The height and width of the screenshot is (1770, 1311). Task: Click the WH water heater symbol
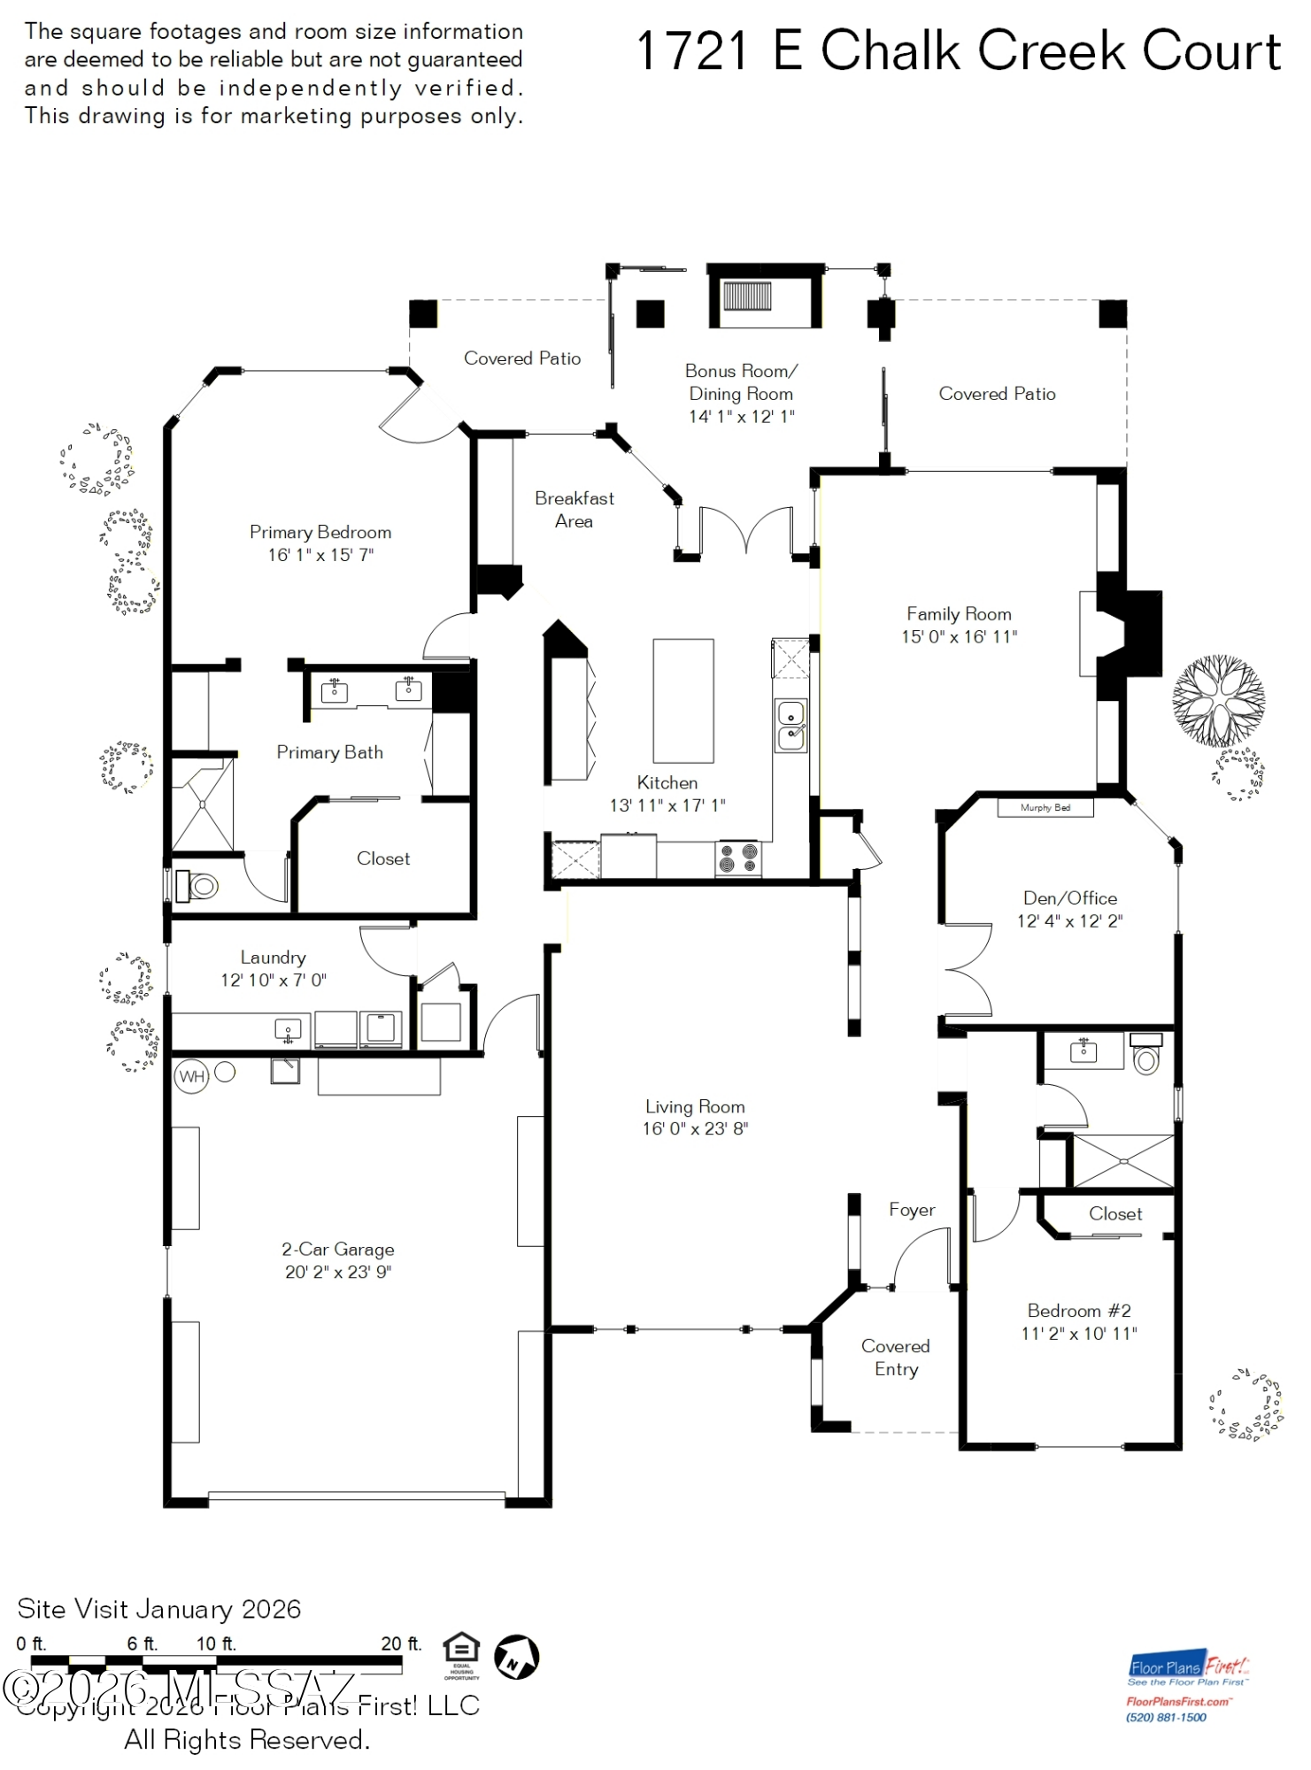coord(191,1076)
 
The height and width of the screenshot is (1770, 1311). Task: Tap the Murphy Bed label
coord(1045,807)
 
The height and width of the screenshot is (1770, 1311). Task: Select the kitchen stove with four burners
coord(738,858)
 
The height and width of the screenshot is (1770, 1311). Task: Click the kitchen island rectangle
coord(682,700)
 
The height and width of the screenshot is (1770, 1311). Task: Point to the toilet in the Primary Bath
coord(198,885)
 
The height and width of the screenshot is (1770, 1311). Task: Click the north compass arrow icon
coord(516,1657)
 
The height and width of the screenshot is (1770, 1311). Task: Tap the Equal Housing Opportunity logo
coord(461,1653)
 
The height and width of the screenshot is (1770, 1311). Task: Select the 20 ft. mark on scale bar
coord(401,1644)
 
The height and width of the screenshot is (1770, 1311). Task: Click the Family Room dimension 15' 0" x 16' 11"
coord(959,636)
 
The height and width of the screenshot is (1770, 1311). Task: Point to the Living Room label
coord(695,1106)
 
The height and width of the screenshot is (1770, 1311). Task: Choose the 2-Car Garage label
coord(338,1249)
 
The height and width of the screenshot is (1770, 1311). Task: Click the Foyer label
coord(912,1209)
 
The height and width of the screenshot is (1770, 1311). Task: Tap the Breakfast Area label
coord(574,510)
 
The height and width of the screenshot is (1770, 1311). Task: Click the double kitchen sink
coord(790,725)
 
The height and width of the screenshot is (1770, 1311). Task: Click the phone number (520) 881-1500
coord(1166,1718)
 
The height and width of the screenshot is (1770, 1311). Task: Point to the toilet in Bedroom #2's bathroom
coord(1146,1056)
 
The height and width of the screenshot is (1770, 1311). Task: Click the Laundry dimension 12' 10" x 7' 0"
coord(274,980)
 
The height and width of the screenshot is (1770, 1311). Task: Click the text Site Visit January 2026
coord(159,1608)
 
